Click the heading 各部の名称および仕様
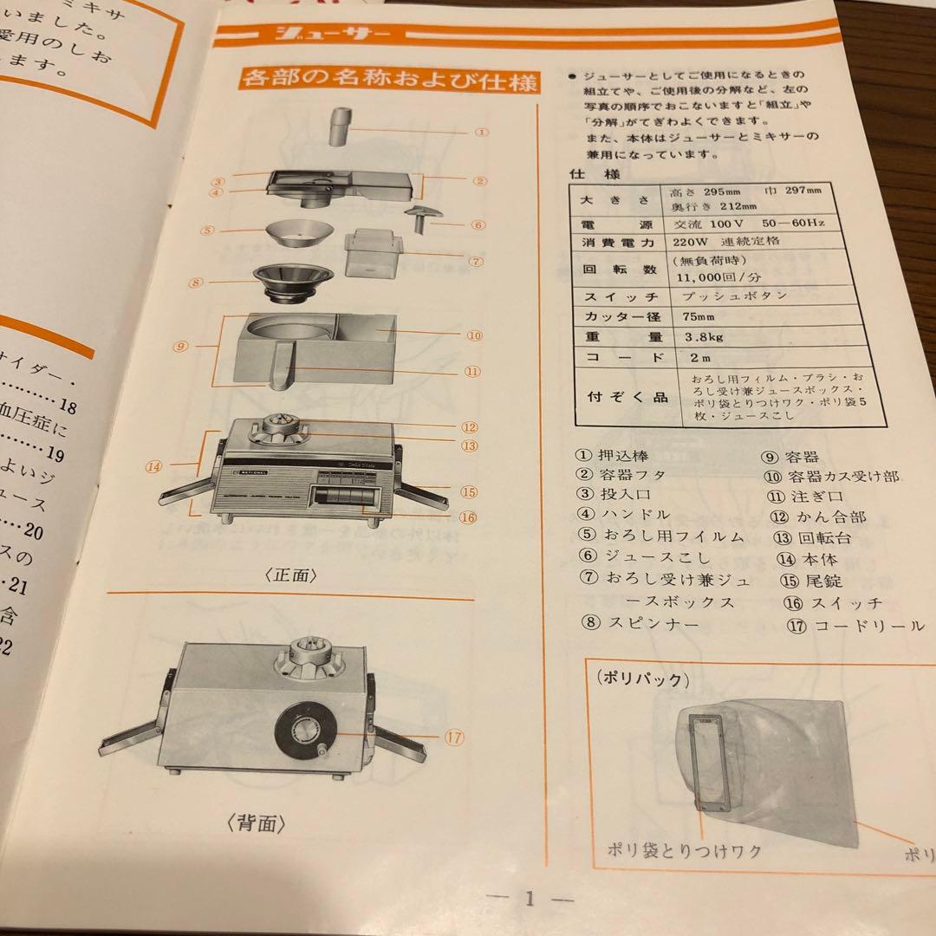(390, 81)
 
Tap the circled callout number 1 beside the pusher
(483, 133)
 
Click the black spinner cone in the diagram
(294, 282)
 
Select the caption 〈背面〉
(258, 822)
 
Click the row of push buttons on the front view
(347, 496)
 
